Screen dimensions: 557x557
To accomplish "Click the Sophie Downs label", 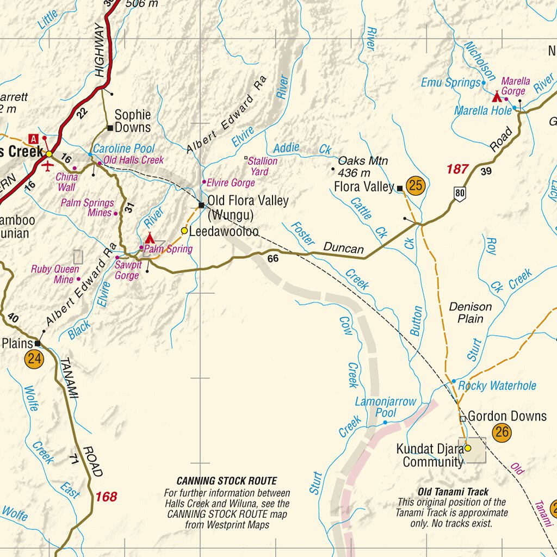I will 132,121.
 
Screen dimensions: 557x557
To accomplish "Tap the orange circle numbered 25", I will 415,185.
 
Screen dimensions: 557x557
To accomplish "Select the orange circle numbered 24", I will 34,360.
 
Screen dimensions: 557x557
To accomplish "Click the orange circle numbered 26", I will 502,433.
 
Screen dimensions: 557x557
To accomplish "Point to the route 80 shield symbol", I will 461,194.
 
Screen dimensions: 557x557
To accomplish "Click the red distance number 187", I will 457,169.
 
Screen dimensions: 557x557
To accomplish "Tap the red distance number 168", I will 106,497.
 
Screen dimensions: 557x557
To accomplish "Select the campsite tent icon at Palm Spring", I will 150,238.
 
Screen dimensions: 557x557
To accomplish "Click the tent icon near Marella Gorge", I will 497,97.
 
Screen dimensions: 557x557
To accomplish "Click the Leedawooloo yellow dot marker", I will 184,231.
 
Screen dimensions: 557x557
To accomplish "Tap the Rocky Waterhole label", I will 497,386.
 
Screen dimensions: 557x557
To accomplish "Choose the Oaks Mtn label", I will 363,167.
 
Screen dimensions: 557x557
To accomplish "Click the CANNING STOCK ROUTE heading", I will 226,481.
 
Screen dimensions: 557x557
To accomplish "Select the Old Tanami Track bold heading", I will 453,492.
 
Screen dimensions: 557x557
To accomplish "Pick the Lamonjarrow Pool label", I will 385,407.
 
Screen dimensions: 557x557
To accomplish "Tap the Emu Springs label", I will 451,83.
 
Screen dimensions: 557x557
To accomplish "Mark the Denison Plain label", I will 470,312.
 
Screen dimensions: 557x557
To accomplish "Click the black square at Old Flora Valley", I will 201,205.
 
